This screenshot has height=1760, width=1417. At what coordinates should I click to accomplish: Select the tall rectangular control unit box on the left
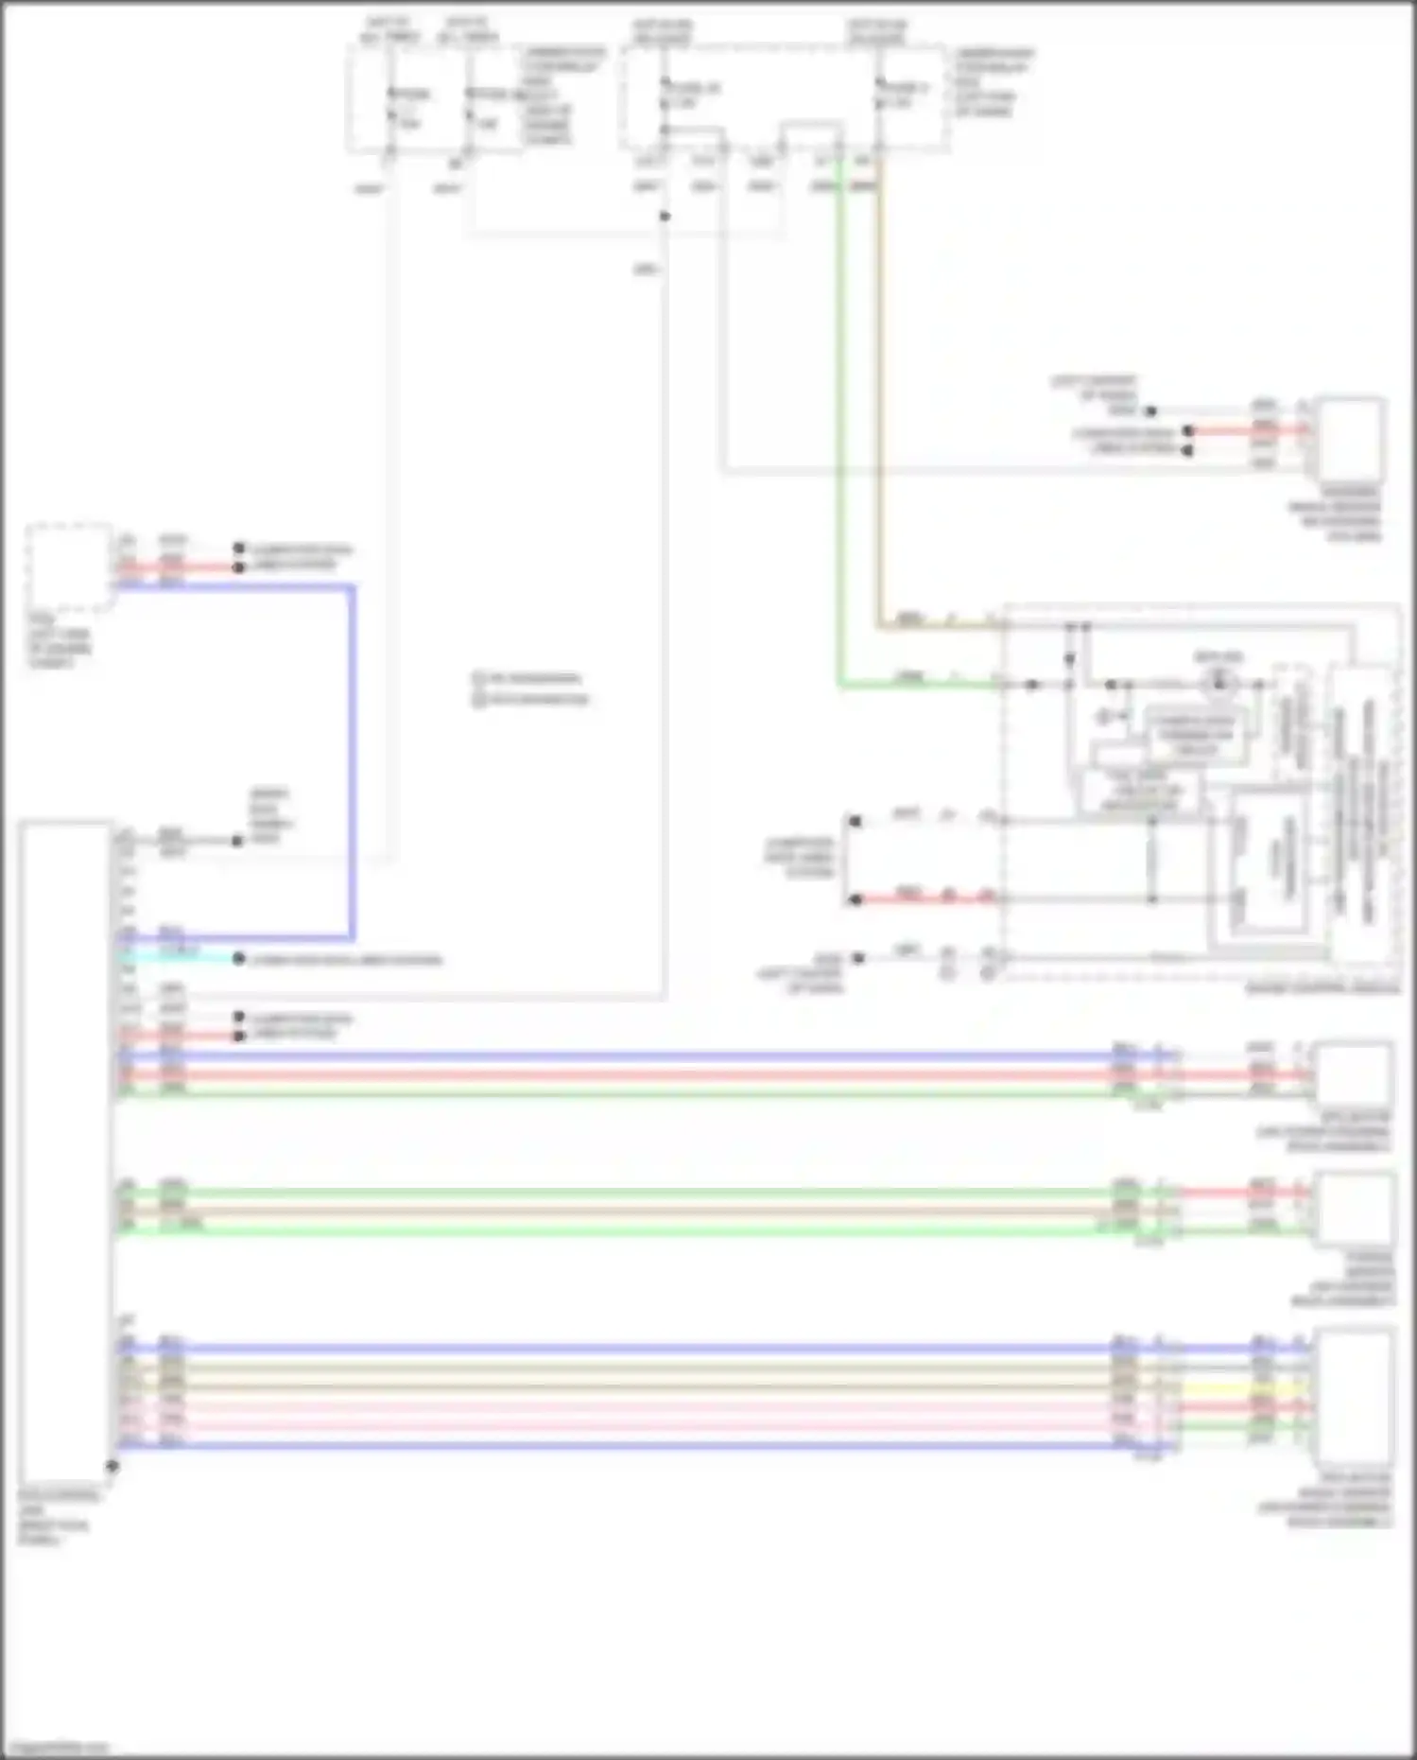(64, 1149)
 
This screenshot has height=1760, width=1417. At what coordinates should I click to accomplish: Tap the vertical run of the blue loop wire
(352, 757)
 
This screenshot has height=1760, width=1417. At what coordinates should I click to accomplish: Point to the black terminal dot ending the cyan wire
(239, 959)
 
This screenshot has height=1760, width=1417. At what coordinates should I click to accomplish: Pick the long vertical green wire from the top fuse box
(839, 426)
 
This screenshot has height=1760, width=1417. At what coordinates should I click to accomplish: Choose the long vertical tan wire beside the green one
(879, 397)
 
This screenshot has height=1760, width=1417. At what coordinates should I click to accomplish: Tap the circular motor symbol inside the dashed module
(1218, 682)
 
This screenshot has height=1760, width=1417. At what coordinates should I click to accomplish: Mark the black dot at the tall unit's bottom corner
(112, 1466)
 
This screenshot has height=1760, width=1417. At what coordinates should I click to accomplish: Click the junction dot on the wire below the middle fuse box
(665, 217)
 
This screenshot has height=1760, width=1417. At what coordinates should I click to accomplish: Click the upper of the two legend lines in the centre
(529, 679)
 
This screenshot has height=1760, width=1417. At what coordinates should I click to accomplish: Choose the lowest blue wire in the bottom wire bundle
(614, 1446)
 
